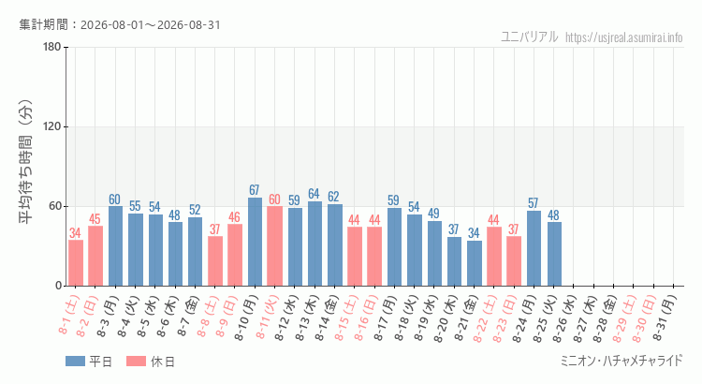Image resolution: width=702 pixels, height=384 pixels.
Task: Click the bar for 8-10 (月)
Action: point(255,242)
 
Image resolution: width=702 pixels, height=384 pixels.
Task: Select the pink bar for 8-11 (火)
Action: point(274,246)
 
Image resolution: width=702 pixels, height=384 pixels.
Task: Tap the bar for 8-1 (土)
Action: point(76,263)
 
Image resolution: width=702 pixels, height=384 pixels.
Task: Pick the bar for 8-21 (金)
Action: point(475,263)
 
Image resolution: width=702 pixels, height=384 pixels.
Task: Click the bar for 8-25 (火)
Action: point(554,254)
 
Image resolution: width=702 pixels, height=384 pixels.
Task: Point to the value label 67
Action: point(255,190)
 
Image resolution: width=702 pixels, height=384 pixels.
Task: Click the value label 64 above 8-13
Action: point(314,194)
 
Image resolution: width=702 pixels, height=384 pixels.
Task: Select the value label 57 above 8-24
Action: point(533,203)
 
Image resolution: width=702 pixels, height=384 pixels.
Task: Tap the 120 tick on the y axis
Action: point(52,126)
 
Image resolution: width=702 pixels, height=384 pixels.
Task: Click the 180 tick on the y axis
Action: point(52,47)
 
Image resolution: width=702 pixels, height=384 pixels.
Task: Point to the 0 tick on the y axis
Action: point(59,286)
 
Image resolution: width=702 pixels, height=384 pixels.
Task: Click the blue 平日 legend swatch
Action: point(75,362)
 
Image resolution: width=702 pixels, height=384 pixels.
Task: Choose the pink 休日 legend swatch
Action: point(136,362)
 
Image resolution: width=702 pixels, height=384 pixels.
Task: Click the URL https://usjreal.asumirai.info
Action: point(624,37)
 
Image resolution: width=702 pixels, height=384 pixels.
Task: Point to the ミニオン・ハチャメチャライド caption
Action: point(622,361)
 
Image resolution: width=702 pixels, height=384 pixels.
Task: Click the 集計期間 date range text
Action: point(120,24)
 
